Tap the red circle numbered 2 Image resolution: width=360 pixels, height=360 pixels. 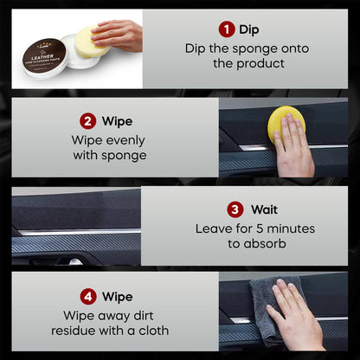[x=87, y=121]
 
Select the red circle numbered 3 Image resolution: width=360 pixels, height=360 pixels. [x=235, y=209]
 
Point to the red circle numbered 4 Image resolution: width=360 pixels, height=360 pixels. [x=87, y=297]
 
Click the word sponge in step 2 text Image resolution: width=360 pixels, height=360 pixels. [x=125, y=156]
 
